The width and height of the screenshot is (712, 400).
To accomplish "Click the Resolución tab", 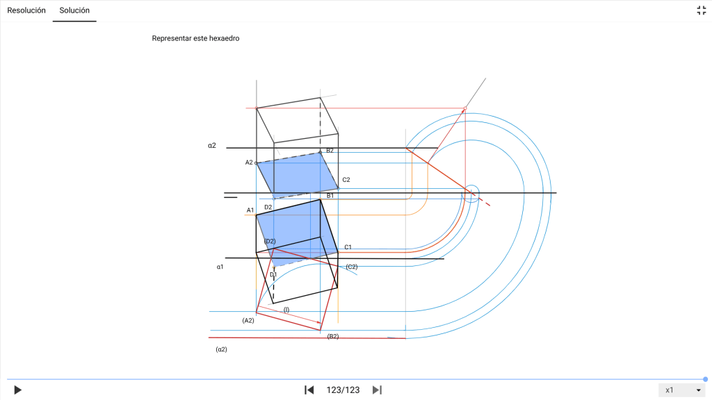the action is click(26, 10).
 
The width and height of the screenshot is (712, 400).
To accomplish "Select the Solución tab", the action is click(74, 10).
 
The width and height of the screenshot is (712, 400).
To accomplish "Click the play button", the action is click(17, 390).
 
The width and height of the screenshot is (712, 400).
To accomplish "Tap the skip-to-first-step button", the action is click(309, 390).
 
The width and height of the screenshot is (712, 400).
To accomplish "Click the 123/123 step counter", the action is click(343, 390).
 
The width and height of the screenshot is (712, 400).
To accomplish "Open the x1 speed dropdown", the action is click(682, 390).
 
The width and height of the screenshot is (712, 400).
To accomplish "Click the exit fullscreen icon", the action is click(701, 10).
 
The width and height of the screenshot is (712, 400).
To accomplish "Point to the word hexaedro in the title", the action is click(222, 39).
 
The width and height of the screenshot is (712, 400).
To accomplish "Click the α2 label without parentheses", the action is click(212, 146).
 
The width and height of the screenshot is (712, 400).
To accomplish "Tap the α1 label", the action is click(220, 267).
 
